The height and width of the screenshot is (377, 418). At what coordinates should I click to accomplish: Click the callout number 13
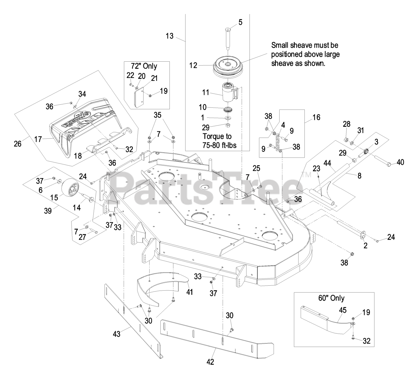point(169,36)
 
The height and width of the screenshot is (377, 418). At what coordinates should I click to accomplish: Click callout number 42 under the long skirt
point(211,362)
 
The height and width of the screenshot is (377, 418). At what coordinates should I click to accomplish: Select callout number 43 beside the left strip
point(117,334)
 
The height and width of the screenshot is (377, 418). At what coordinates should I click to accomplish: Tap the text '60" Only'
point(331,298)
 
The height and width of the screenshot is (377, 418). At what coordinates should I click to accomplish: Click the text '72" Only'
point(144,66)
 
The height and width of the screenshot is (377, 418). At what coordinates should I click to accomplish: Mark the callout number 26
point(18,143)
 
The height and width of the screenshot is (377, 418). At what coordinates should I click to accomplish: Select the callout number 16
point(316,118)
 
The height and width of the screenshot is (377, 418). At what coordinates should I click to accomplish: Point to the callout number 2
point(365,245)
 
